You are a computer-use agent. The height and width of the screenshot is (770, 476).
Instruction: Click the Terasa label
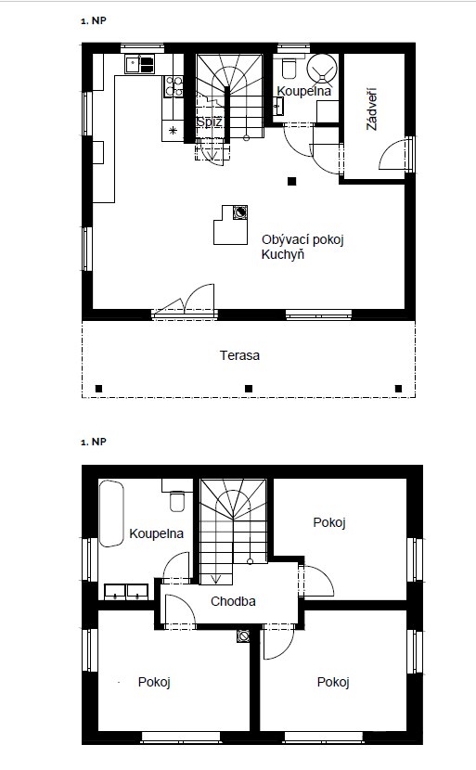[239, 355]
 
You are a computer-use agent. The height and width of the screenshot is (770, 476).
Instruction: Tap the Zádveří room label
[372, 109]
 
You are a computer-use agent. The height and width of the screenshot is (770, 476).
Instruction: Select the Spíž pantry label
[210, 122]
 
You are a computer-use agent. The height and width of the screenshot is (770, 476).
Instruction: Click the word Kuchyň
[282, 254]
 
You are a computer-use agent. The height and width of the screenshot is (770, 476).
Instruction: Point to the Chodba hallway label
[233, 601]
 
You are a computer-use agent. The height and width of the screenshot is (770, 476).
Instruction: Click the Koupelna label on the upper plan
[303, 91]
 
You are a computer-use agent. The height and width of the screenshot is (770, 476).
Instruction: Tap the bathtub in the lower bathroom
[111, 514]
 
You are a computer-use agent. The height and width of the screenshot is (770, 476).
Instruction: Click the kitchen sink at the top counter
[140, 64]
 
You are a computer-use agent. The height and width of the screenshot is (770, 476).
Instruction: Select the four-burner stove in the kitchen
[174, 86]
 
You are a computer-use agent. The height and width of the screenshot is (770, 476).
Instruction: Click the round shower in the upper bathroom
[322, 68]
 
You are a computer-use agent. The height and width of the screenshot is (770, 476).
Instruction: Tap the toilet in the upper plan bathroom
[289, 69]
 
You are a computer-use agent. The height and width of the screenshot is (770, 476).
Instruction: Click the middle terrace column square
[249, 389]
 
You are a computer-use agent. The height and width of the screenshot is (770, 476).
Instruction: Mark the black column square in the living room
[291, 181]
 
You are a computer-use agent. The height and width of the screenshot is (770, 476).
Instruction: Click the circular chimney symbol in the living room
[240, 212]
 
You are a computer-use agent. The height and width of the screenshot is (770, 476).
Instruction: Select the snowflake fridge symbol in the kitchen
[173, 131]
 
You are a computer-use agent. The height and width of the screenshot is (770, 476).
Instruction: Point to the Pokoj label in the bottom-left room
[154, 682]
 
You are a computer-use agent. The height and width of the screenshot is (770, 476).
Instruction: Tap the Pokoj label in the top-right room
[329, 522]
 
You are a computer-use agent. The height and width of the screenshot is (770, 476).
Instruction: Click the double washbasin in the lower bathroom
[126, 592]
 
